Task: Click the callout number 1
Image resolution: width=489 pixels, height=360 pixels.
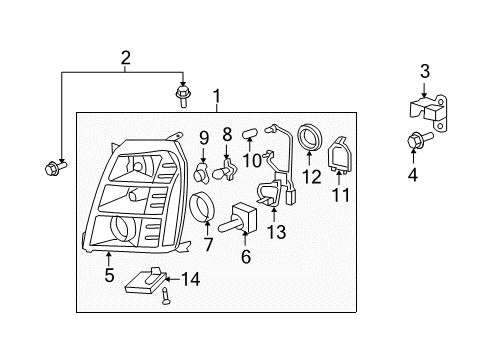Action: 216,97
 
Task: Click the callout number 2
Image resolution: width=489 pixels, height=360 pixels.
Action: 124,58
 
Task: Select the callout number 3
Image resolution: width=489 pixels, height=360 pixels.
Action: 424,71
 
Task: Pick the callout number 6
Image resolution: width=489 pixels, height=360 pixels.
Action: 246,256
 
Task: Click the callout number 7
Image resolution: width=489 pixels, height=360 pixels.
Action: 208,245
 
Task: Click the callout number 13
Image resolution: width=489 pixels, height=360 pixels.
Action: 276,234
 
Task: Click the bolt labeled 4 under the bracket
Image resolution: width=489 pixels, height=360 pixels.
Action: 411,143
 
